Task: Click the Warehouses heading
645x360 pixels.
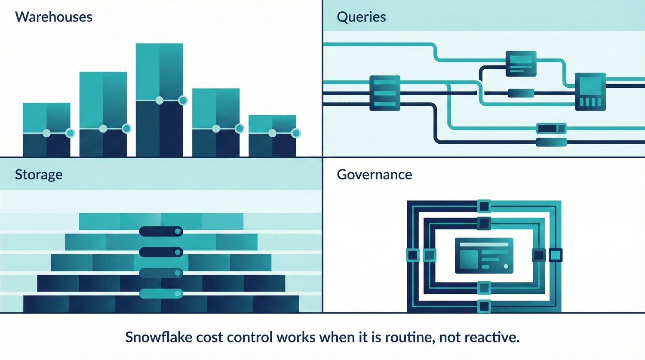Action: point(54,17)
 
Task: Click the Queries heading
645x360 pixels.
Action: point(361,17)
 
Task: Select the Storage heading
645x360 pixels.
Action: point(39,175)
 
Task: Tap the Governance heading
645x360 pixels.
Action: point(374,175)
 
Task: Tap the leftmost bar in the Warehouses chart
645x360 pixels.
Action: point(46,129)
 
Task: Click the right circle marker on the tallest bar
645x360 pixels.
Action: point(183,100)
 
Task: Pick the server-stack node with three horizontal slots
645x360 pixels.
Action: point(385,93)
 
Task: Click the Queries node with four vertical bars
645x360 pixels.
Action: point(590,92)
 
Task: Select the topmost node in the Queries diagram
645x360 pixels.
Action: point(521,64)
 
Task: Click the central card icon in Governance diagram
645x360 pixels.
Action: point(484,256)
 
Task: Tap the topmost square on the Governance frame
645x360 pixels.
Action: point(484,206)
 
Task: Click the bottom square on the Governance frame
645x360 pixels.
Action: point(484,306)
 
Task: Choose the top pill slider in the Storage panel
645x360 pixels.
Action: point(161,232)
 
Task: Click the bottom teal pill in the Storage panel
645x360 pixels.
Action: point(161,294)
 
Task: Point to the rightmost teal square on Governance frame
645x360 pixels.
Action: point(556,255)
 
